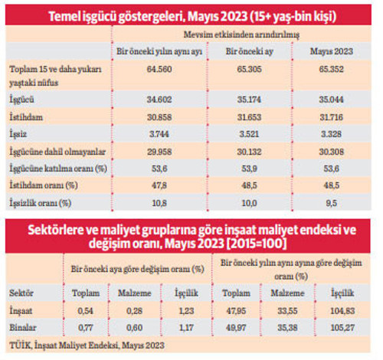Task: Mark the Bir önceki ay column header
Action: point(246,51)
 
